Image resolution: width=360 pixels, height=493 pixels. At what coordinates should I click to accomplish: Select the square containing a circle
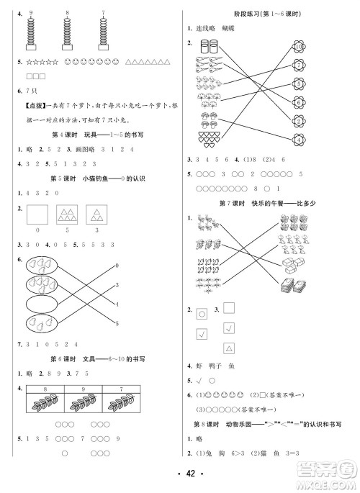pyautogui.click(x=203, y=313)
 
